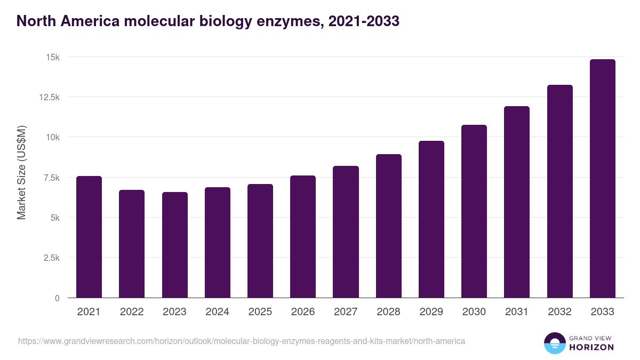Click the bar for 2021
tap(89, 237)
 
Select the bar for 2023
tap(175, 245)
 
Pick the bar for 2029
tap(431, 219)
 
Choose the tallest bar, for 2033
tap(602, 179)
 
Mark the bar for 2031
tap(517, 202)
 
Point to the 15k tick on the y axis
tap(52, 57)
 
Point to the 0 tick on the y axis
tap(57, 298)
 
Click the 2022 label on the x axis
tap(132, 312)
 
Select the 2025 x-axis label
tap(260, 312)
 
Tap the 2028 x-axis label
tap(388, 312)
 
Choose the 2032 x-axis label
tap(559, 312)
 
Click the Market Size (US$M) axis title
tap(21, 172)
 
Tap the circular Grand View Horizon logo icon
tap(555, 343)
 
